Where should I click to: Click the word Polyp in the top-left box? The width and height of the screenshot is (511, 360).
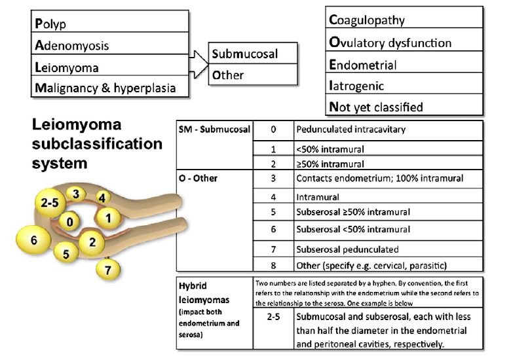tap(50, 24)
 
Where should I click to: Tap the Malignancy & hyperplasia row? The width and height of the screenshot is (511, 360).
tap(110, 86)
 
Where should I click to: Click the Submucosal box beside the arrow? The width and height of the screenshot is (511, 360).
tap(253, 53)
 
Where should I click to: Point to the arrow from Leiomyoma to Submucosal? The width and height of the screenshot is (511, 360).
tap(199, 64)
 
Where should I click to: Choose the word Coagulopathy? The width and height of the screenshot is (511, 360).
tap(367, 20)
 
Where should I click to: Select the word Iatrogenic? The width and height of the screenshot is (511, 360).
tap(356, 86)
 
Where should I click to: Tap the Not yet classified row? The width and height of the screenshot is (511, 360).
tap(404, 105)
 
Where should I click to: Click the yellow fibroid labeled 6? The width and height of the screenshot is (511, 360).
tap(33, 240)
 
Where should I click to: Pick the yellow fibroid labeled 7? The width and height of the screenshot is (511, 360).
tap(108, 270)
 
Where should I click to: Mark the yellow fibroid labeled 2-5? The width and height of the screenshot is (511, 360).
tap(50, 203)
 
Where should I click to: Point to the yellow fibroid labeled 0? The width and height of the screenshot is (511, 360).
tap(69, 221)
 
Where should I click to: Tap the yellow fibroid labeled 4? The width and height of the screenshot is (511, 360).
tap(103, 198)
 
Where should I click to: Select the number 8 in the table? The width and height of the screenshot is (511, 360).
tap(273, 266)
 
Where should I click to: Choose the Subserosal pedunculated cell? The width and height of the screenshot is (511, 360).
tap(388, 249)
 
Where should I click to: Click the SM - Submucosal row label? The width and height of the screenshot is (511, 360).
tap(214, 129)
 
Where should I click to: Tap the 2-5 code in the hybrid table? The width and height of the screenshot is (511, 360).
tap(273, 317)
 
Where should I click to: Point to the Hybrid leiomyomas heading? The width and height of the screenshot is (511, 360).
tap(204, 293)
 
